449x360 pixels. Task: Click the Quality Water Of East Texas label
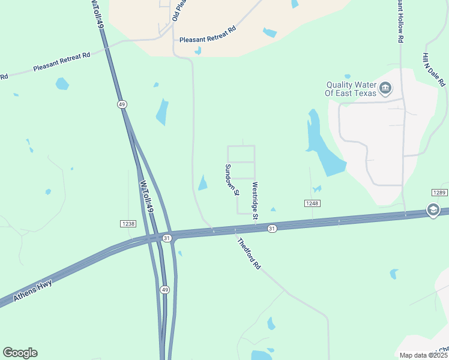(x=351, y=89)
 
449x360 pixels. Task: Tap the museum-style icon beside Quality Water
(x=385, y=89)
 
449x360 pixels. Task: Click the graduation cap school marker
(x=432, y=209)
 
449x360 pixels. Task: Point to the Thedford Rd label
(x=249, y=254)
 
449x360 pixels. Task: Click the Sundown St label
(x=232, y=179)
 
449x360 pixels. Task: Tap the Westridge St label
(x=255, y=200)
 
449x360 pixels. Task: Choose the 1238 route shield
(x=127, y=223)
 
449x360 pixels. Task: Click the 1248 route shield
(x=312, y=203)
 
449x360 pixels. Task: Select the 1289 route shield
(x=439, y=192)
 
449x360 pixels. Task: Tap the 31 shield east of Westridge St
(x=272, y=228)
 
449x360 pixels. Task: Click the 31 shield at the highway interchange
(x=167, y=238)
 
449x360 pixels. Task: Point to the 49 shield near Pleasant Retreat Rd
(x=122, y=104)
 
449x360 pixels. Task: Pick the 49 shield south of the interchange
(x=164, y=289)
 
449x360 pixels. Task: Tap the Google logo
(x=20, y=352)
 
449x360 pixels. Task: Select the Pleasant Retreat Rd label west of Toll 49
(x=61, y=61)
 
